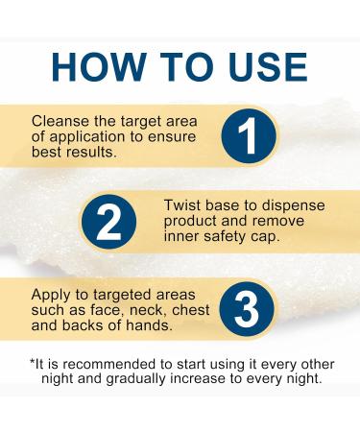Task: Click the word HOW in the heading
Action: click(98, 67)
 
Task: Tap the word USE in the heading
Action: click(268, 67)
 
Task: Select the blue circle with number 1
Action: click(249, 135)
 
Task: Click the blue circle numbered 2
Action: click(108, 222)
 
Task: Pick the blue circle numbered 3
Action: click(247, 309)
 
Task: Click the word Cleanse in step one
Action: click(60, 121)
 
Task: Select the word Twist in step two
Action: click(182, 205)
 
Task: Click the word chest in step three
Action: click(191, 310)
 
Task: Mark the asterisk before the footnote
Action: click(32, 362)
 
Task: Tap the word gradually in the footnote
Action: click(135, 379)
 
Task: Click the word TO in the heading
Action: click(186, 67)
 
